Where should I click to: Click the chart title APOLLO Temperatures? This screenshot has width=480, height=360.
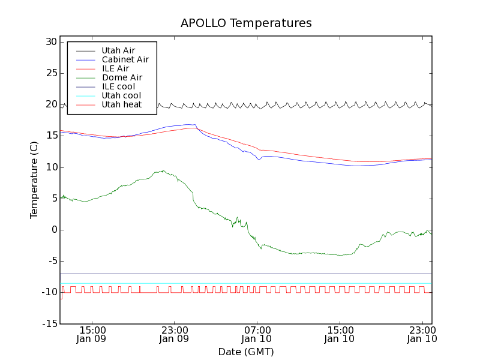[x=246, y=23]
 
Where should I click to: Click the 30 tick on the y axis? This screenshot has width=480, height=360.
[x=50, y=42]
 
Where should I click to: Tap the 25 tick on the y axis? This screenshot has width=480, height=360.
[x=50, y=73]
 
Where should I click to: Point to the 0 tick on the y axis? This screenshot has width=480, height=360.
[x=53, y=230]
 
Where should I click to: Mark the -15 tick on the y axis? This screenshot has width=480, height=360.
[x=48, y=324]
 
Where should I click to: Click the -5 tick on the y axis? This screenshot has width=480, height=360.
[x=50, y=261]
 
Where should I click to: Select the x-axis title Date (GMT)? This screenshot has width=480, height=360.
[x=246, y=352]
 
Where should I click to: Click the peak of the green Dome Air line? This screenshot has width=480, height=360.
[x=163, y=170]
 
